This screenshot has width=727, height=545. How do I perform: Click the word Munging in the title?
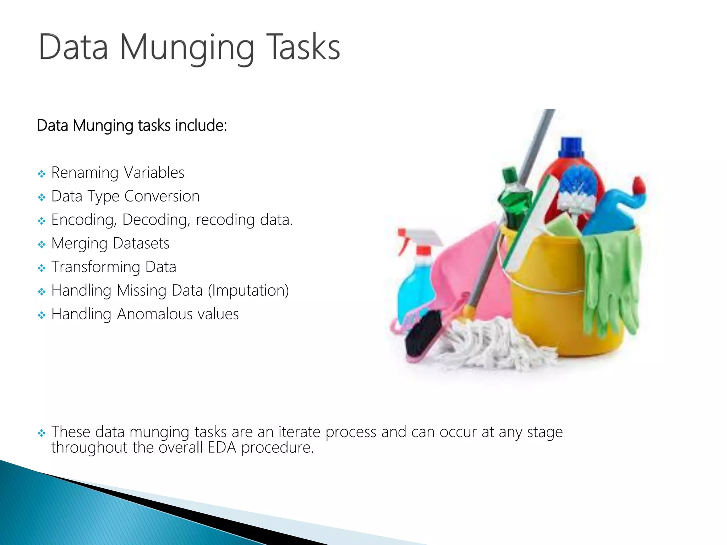click(187, 48)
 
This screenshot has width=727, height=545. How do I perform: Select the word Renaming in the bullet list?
click(85, 173)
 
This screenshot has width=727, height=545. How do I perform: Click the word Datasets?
click(141, 243)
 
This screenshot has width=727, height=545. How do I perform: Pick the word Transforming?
click(96, 267)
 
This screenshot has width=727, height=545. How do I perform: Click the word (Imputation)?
click(248, 291)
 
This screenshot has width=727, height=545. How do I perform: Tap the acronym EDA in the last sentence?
click(222, 447)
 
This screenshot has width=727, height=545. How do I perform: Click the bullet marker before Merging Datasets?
click(42, 244)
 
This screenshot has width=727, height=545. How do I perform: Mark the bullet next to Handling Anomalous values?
click(42, 315)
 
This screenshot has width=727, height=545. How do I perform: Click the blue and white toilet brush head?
click(577, 188)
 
